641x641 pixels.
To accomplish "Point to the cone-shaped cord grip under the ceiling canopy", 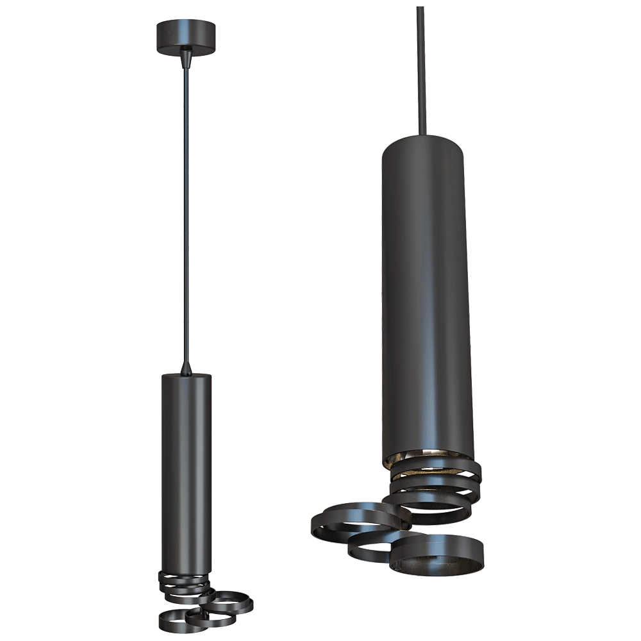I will coord(185,58).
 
